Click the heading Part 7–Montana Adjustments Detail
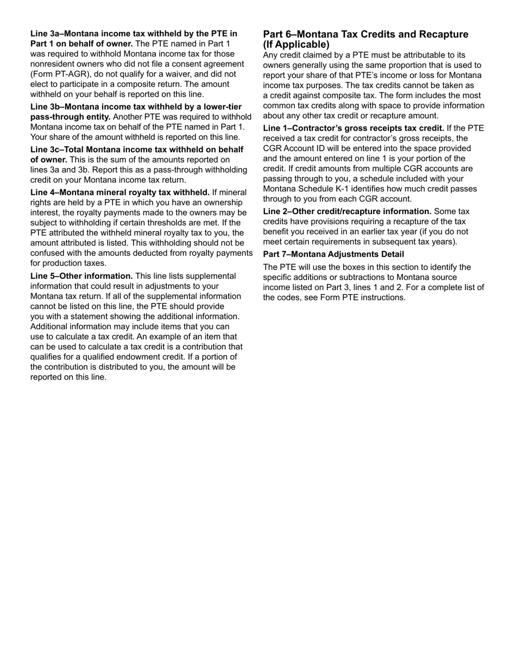[333, 254]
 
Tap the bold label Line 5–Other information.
[81, 276]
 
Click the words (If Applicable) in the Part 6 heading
[296, 44]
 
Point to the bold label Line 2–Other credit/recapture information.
[347, 211]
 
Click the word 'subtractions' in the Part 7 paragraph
[360, 278]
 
